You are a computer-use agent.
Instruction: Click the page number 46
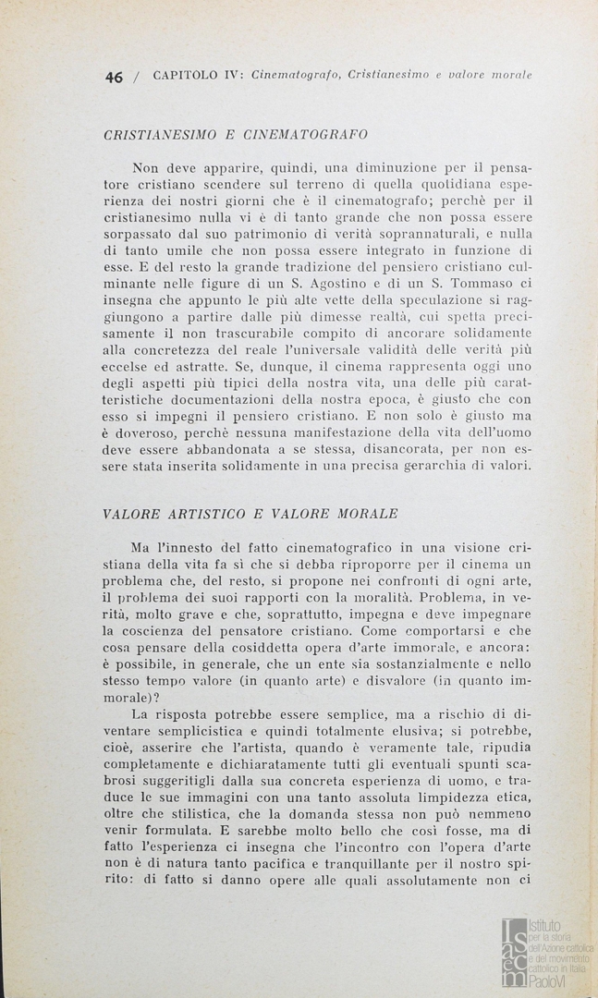114,78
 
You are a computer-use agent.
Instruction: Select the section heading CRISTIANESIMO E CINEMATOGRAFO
236,134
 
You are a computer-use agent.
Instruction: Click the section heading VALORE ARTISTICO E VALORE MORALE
250,513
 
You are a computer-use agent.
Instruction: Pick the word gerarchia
449,468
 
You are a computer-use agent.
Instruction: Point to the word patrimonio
272,232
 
